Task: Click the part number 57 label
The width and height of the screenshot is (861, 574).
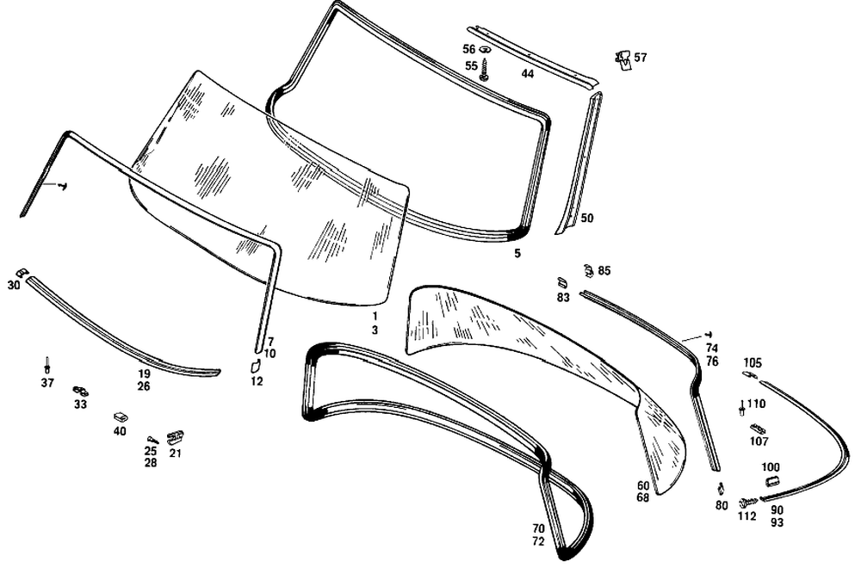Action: point(641,58)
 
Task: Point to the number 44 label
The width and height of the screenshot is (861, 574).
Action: point(528,74)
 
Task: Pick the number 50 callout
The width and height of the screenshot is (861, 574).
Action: point(587,219)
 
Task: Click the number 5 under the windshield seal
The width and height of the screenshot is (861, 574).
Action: point(517,254)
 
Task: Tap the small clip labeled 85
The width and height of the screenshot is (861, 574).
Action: point(588,270)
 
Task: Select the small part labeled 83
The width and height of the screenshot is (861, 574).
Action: point(562,283)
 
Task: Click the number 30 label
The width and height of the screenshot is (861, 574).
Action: point(14,285)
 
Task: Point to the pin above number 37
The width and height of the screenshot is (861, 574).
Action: point(47,365)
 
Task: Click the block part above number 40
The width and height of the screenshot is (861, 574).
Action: point(120,417)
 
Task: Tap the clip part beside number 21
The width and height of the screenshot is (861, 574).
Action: point(175,436)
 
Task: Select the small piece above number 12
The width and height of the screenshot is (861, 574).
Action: point(256,366)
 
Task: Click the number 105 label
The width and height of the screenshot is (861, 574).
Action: point(753,362)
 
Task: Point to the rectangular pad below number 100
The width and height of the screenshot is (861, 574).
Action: point(771,479)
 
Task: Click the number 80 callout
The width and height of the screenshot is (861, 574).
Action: point(721,506)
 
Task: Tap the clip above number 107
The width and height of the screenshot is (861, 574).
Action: point(757,428)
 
